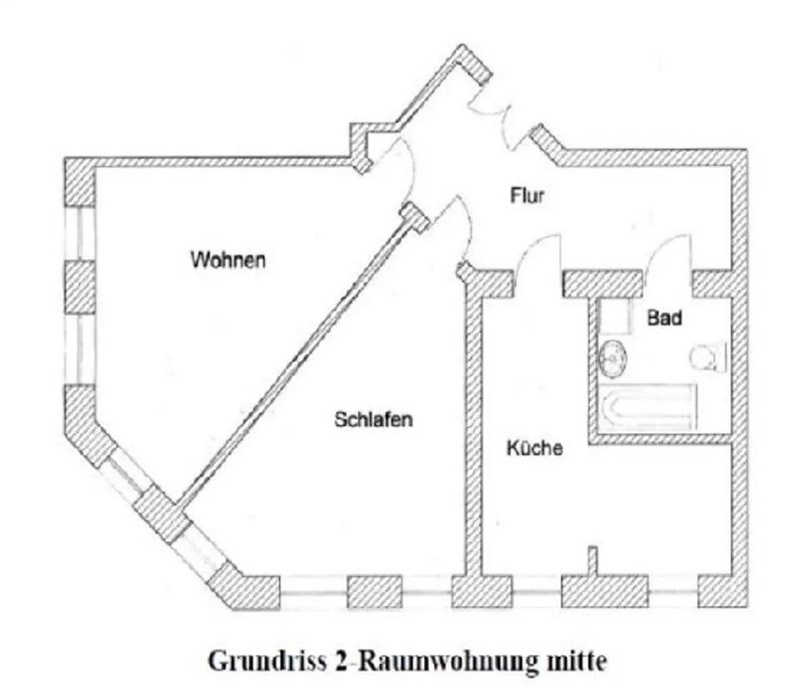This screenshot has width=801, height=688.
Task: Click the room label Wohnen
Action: click(x=228, y=260)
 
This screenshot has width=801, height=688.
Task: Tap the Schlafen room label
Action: click(x=373, y=419)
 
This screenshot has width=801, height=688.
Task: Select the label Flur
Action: click(x=526, y=196)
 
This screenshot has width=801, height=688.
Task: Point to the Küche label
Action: click(x=535, y=448)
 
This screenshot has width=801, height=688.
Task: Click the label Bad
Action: click(x=665, y=318)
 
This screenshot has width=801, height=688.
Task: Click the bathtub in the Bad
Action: click(x=648, y=407)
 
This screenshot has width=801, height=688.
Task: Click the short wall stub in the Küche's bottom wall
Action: click(x=592, y=560)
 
